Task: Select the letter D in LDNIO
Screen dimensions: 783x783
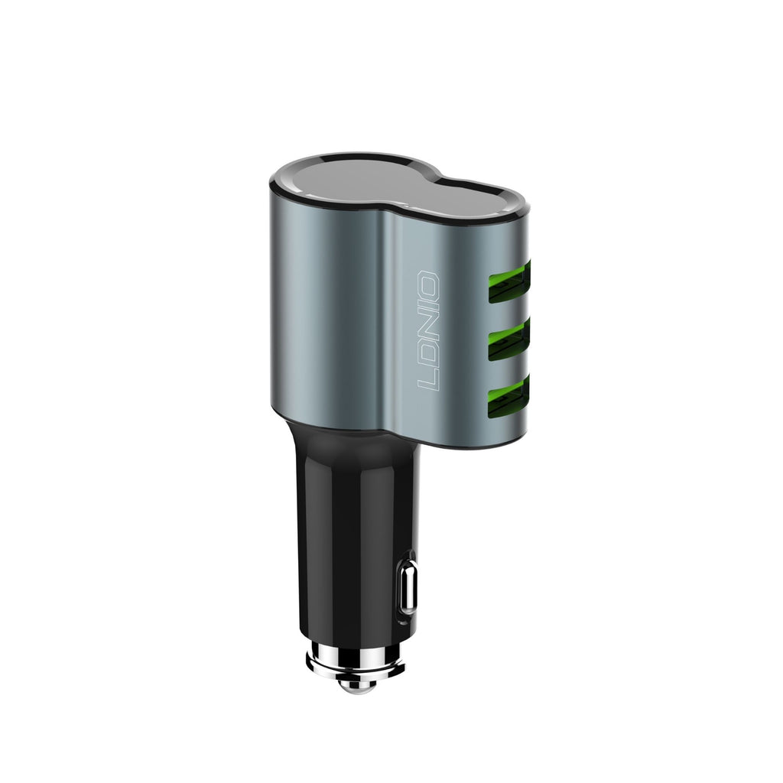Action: point(429,356)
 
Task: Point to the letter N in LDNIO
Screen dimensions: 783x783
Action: point(429,330)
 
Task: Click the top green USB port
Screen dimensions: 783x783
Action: point(508,278)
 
